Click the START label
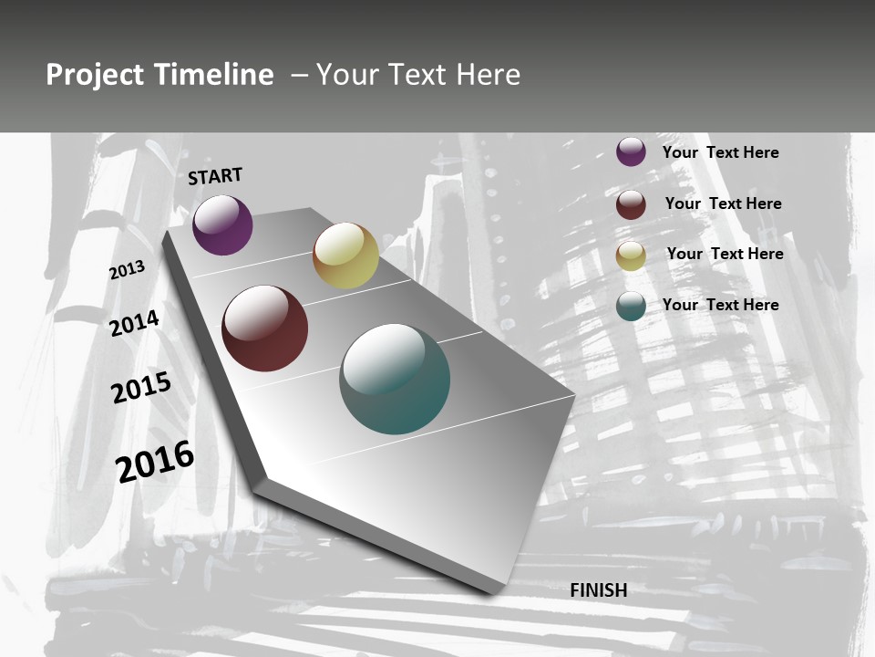[x=215, y=176]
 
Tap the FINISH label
[x=599, y=590]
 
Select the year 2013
[x=128, y=270]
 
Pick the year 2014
[x=135, y=323]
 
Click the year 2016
[x=155, y=462]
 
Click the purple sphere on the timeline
[x=222, y=224]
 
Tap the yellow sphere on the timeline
[x=345, y=255]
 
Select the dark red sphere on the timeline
[x=265, y=328]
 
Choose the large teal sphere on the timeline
[x=395, y=379]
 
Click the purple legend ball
[x=631, y=151]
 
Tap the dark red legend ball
[x=631, y=204]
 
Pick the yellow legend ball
[x=631, y=255]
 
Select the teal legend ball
[x=631, y=307]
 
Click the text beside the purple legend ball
[x=720, y=152]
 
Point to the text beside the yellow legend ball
[x=725, y=254]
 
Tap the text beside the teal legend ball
[x=720, y=305]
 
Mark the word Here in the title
[x=488, y=75]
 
